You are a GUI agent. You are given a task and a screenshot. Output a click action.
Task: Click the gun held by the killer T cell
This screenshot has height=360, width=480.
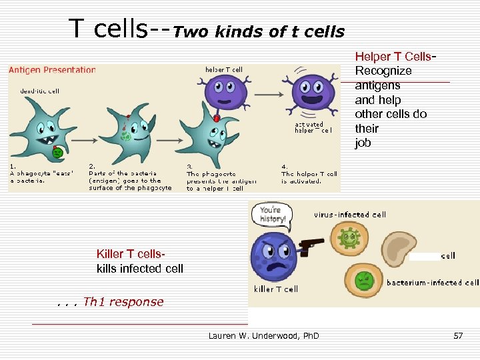pos(311,244)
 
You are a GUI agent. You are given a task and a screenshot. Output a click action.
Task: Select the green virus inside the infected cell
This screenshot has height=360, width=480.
pos(348,237)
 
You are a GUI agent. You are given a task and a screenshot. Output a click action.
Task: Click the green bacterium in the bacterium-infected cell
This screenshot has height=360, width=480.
pos(363,279)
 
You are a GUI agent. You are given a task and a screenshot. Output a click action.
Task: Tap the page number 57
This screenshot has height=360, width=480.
pos(458,335)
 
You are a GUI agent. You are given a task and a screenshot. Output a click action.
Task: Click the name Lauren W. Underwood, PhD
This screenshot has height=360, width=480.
pos(263,335)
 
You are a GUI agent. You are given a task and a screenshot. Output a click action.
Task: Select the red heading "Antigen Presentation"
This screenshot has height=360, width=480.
pos(52,70)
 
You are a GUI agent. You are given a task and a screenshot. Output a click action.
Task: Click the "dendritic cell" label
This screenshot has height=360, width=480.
pos(39,91)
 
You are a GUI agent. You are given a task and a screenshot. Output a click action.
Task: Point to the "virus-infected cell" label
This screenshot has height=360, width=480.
pos(350,215)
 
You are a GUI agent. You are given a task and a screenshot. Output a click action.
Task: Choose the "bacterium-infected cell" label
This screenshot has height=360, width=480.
pos(432,283)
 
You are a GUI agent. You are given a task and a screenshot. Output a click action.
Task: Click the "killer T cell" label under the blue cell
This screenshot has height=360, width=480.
pos(276,289)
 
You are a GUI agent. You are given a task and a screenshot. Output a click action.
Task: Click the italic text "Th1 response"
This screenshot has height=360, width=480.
pos(123,302)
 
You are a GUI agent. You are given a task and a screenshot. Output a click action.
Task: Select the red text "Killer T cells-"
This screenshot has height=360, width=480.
pos(131,253)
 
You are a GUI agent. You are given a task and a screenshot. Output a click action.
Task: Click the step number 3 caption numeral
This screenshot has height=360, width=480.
pos(189,166)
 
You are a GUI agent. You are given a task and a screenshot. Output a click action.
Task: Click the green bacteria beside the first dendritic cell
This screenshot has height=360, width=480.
pos(58,153)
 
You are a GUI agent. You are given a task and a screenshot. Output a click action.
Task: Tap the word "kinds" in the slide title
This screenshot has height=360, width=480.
pos(229,31)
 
